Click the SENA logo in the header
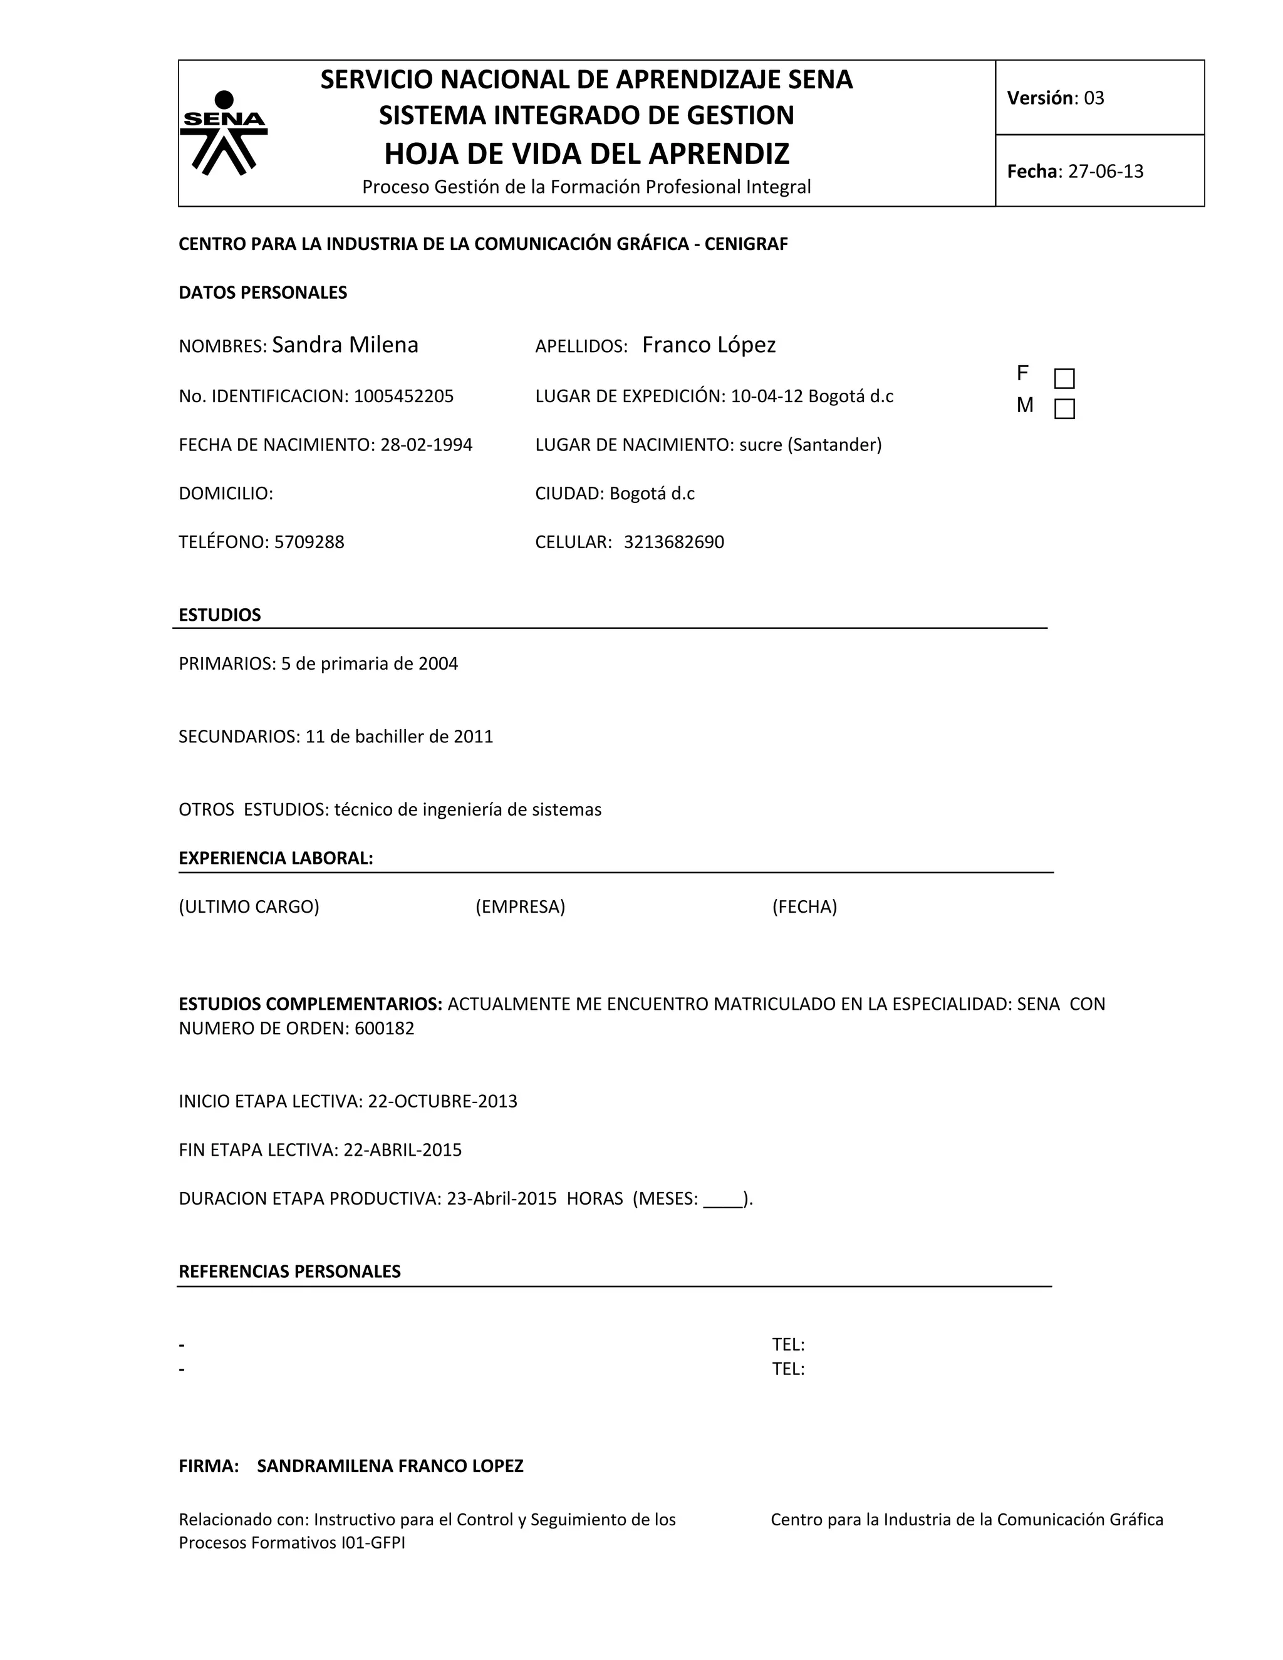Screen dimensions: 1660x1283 coord(224,132)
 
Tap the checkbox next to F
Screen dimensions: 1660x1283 coord(1064,378)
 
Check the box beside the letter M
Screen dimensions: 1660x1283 coord(1064,410)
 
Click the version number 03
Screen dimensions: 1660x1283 coord(1094,98)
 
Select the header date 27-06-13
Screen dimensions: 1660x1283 coord(1105,172)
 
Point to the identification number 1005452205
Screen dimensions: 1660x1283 coord(403,396)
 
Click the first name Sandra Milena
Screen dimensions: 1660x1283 coord(345,345)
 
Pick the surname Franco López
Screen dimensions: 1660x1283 coord(709,345)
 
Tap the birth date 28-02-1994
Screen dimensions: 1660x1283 coord(427,445)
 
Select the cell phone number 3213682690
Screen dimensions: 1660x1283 coord(673,542)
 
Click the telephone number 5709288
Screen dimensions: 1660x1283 coord(309,542)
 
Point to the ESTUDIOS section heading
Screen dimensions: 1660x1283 coord(220,615)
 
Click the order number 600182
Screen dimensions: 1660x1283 coord(385,1029)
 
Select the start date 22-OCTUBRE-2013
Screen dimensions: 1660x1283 coord(442,1101)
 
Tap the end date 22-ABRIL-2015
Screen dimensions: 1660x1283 coord(403,1150)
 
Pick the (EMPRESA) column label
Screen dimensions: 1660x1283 coord(520,907)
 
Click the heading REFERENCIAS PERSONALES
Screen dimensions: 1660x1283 coord(289,1272)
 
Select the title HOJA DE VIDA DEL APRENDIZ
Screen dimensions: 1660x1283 coord(587,154)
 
